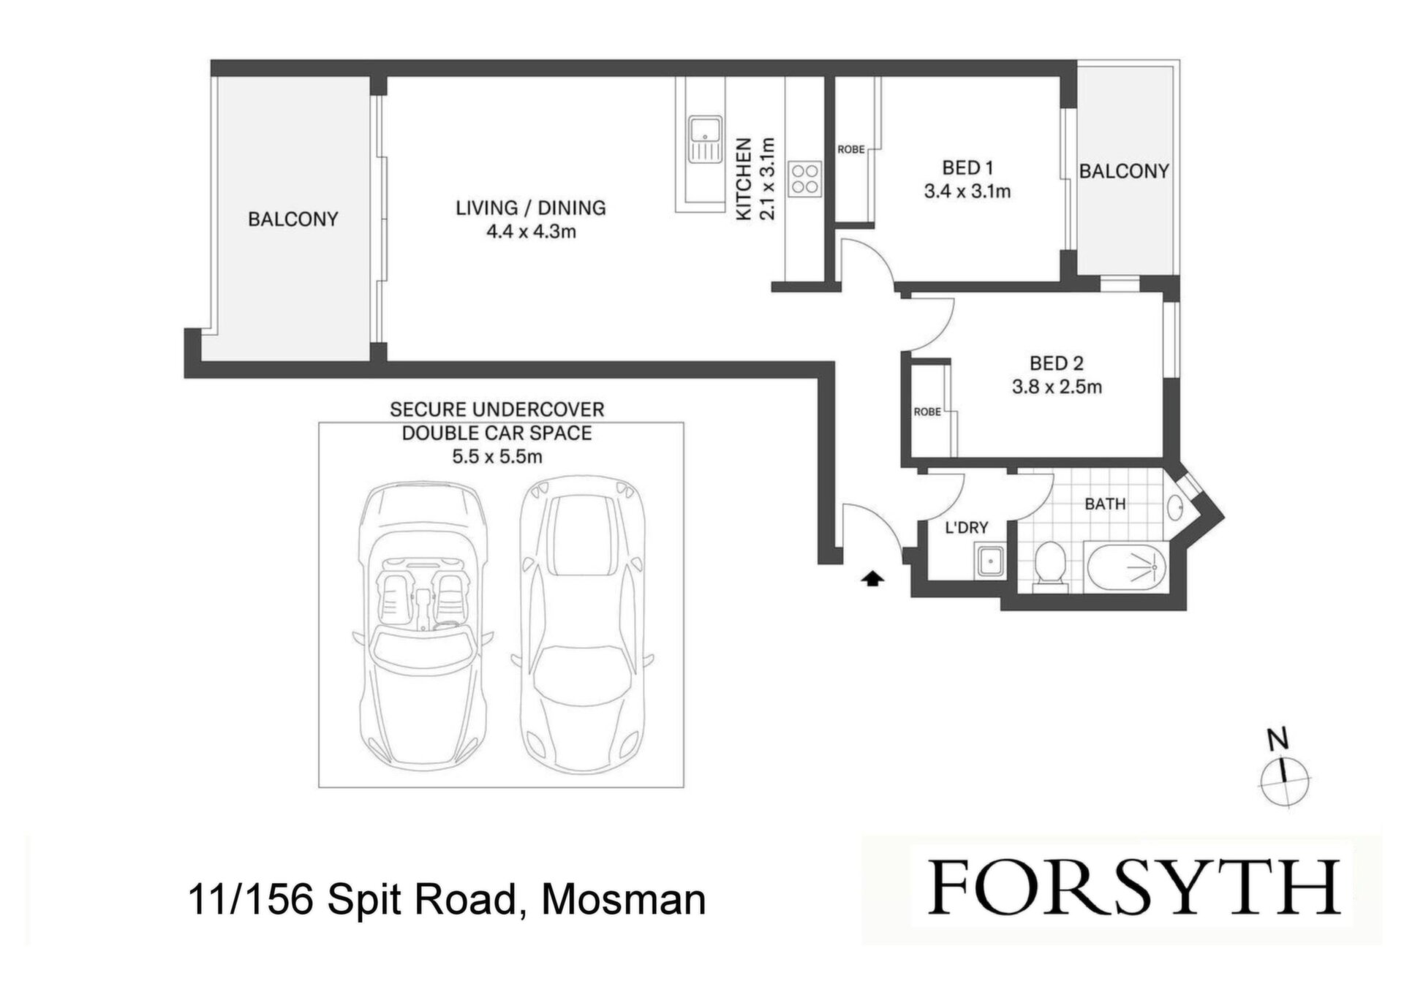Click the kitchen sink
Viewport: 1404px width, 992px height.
[x=705, y=139]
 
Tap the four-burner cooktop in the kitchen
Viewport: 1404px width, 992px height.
[x=805, y=179]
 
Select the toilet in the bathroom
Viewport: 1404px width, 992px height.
[x=1052, y=563]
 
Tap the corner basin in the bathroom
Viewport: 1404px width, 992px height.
[x=1176, y=507]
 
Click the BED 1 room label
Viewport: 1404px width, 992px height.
[x=967, y=167]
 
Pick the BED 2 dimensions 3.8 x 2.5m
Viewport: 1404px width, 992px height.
[x=1057, y=387]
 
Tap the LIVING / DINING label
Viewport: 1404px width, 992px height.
[x=531, y=208]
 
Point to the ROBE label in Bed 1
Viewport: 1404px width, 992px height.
[x=851, y=149]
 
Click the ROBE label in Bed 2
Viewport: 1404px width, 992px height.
[x=927, y=412]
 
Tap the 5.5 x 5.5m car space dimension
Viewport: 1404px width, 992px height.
[x=497, y=457]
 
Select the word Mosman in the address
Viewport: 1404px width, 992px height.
[x=623, y=900]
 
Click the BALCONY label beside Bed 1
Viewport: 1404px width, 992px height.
[x=1124, y=171]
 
